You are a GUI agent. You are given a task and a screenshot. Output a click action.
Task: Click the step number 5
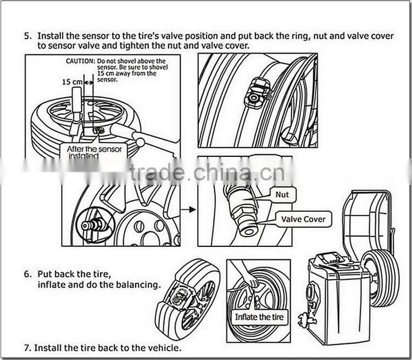[x=27, y=36]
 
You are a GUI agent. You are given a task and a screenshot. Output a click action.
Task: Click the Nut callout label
[x=282, y=194]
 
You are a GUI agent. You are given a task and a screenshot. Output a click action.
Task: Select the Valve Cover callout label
[x=303, y=219]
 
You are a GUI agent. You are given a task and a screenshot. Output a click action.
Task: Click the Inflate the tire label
[x=260, y=317]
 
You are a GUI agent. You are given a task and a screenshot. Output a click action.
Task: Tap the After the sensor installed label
[x=97, y=151]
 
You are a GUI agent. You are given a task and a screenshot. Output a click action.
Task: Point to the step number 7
[x=27, y=348]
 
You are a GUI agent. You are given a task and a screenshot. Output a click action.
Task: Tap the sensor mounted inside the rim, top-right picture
[x=257, y=92]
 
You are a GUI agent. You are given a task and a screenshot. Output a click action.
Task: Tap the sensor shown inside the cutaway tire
[x=180, y=297]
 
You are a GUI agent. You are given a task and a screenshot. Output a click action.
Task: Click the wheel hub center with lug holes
[x=145, y=230]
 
